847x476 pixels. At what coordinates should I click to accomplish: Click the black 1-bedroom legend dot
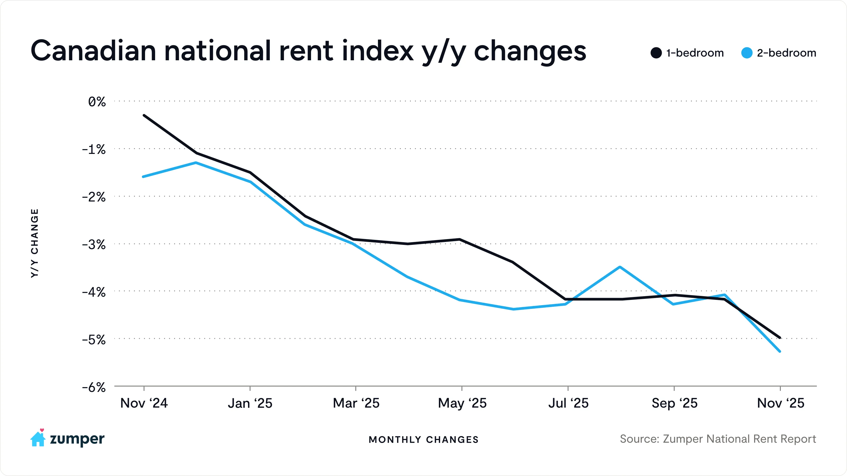[656, 53]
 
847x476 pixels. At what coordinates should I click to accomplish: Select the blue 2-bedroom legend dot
[747, 53]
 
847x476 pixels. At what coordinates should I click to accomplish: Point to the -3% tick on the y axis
[94, 245]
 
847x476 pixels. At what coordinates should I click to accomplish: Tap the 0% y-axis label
[97, 102]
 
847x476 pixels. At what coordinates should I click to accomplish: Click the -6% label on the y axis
[94, 388]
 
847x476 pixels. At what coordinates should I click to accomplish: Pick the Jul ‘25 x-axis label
[568, 403]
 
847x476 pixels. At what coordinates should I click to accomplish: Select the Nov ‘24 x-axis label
[144, 403]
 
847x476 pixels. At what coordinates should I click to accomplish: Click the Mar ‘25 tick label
[356, 403]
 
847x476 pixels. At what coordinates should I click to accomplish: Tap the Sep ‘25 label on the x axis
[674, 403]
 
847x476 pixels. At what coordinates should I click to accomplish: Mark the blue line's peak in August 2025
[620, 267]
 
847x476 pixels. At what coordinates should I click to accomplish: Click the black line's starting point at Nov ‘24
[144, 115]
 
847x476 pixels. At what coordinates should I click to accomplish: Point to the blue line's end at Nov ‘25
[780, 351]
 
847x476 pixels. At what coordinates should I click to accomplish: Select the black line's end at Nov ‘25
[780, 337]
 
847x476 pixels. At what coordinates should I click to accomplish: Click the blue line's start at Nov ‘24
[143, 177]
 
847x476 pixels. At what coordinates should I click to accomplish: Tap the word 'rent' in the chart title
[306, 51]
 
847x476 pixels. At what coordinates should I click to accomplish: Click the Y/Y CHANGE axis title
[34, 243]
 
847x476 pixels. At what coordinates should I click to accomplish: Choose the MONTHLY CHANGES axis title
[424, 440]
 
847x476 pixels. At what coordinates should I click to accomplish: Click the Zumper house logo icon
[38, 438]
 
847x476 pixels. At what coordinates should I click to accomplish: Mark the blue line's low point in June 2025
[513, 309]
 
